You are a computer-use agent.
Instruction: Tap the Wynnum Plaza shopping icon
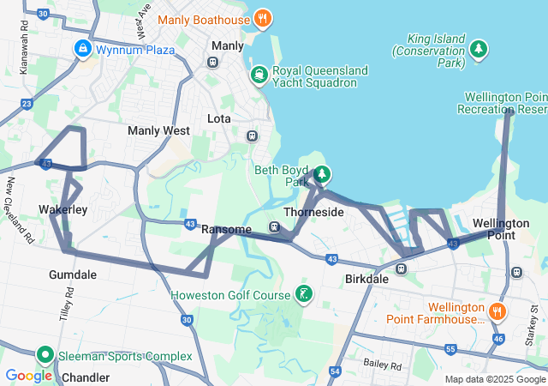click(x=83, y=49)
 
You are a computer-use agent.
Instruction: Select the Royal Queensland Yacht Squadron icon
click(x=259, y=76)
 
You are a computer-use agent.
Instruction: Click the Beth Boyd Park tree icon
click(x=321, y=176)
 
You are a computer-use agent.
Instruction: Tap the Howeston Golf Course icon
click(x=303, y=295)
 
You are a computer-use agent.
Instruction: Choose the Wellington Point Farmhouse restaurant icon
click(x=497, y=311)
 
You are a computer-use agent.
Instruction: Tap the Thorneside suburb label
click(x=313, y=212)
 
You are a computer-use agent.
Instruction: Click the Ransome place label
click(x=226, y=230)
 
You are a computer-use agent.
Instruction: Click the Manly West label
click(x=158, y=131)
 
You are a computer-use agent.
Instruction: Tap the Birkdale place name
click(x=366, y=280)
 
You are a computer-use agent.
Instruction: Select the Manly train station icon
click(x=212, y=62)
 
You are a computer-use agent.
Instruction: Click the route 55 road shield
click(x=450, y=349)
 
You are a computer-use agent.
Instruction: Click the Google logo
click(x=29, y=376)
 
